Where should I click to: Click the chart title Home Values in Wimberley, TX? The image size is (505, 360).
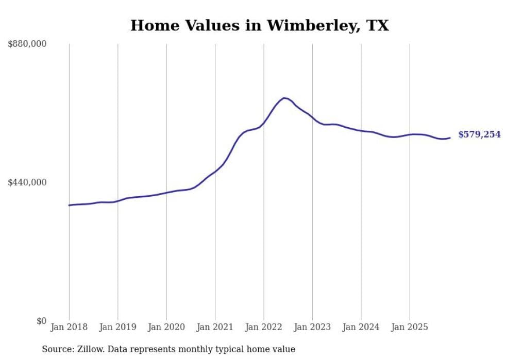pyautogui.click(x=259, y=25)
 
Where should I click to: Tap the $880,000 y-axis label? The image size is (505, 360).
pyautogui.click(x=27, y=44)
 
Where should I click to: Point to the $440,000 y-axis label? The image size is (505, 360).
pyautogui.click(x=27, y=182)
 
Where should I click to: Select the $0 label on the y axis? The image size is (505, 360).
pyautogui.click(x=41, y=321)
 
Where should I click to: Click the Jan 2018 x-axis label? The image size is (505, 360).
pyautogui.click(x=69, y=327)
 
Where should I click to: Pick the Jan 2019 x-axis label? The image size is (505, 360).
pyautogui.click(x=117, y=327)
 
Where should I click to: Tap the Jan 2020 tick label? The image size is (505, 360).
pyautogui.click(x=166, y=327)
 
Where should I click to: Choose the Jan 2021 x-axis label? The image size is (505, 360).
pyautogui.click(x=215, y=327)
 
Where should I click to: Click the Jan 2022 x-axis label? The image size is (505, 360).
pyautogui.click(x=264, y=327)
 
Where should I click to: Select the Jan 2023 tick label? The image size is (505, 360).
pyautogui.click(x=312, y=327)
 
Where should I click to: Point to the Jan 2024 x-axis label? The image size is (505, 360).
pyautogui.click(x=361, y=327)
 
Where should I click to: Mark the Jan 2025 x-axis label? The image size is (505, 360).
pyautogui.click(x=410, y=327)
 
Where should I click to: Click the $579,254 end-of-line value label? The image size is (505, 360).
pyautogui.click(x=479, y=134)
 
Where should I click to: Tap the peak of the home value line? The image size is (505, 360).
pyautogui.click(x=284, y=98)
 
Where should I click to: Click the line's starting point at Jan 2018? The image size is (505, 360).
pyautogui.click(x=69, y=205)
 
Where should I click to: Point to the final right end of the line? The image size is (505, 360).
pyautogui.click(x=450, y=138)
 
